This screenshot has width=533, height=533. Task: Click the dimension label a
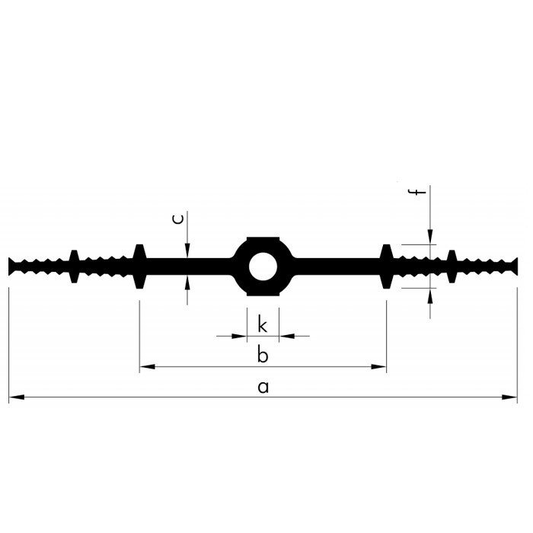[x=263, y=387]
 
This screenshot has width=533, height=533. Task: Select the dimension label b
[x=263, y=354]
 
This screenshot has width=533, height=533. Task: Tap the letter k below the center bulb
[x=263, y=324]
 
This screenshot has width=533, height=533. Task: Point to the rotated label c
[x=178, y=219]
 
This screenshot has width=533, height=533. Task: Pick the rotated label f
[x=417, y=192]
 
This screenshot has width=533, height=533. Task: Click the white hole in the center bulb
[x=263, y=266]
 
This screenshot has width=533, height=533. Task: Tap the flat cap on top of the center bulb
[x=263, y=239]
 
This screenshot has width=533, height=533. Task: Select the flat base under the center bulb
[x=263, y=294]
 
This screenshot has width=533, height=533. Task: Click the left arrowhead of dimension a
[x=16, y=397]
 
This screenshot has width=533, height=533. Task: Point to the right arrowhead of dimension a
[x=509, y=397]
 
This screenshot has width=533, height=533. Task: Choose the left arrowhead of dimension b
[x=147, y=367]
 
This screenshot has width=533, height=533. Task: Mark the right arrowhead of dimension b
[x=378, y=367]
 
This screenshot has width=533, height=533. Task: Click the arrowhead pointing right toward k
[x=239, y=337]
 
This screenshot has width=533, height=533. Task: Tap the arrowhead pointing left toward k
[x=286, y=337]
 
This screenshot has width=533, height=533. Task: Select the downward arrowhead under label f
[x=430, y=237]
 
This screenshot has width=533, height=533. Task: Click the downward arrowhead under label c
[x=187, y=251]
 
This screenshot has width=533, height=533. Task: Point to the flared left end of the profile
[x=12, y=266]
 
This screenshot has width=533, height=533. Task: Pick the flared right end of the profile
[x=514, y=266]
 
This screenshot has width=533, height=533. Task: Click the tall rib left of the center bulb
[x=139, y=266]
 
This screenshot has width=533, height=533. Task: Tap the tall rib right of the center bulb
[x=386, y=266]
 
